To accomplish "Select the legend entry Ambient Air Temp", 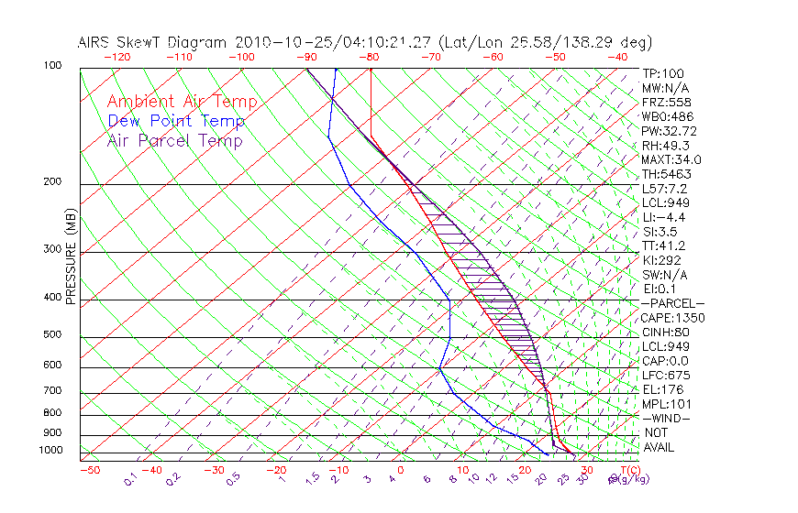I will click(182, 102).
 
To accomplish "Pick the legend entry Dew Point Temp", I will click(176, 121).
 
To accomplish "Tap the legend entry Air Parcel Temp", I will click(174, 140).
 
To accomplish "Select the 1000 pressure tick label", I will click(51, 451).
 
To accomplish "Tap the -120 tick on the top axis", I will click(116, 57).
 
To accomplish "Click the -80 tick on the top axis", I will click(370, 57).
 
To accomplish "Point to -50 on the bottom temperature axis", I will click(89, 470).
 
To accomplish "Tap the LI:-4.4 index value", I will click(665, 217).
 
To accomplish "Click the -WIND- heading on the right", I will click(667, 418).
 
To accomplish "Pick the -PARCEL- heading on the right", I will click(672, 303).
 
